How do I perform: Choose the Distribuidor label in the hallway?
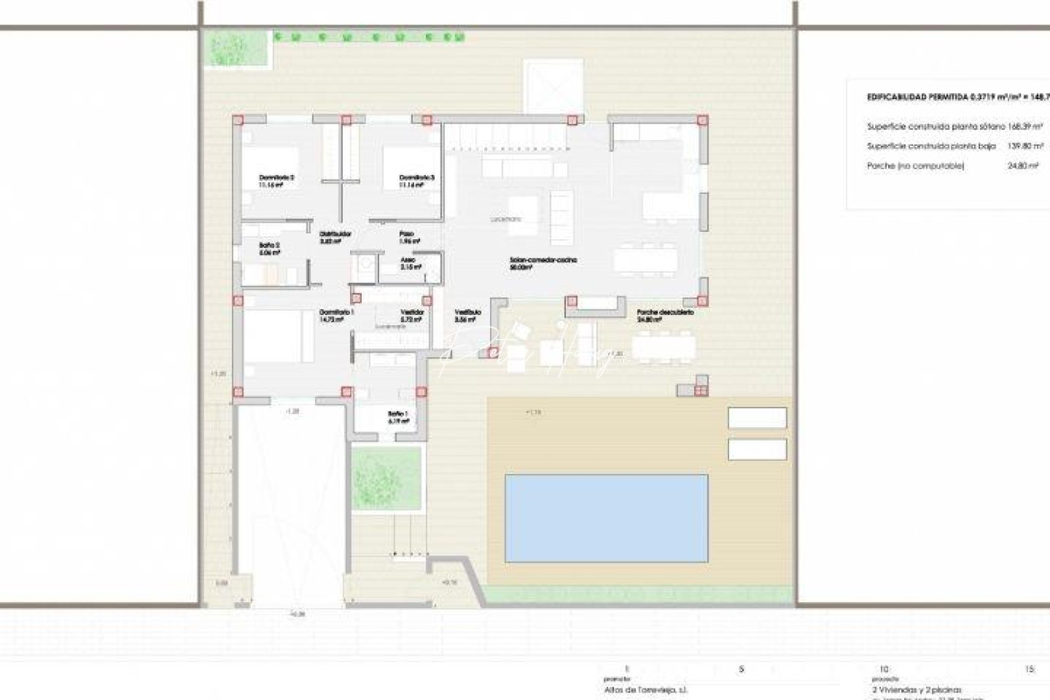pyautogui.click(x=336, y=234)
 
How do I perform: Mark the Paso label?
pyautogui.click(x=406, y=234)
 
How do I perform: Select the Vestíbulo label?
pyautogui.click(x=467, y=312)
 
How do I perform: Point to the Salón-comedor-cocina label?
pyautogui.click(x=543, y=260)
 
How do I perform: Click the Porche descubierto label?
pyautogui.click(x=665, y=312)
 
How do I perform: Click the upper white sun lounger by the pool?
pyautogui.click(x=757, y=418)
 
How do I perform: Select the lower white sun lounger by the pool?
pyautogui.click(x=757, y=449)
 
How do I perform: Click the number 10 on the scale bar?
pyautogui.click(x=882, y=669)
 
